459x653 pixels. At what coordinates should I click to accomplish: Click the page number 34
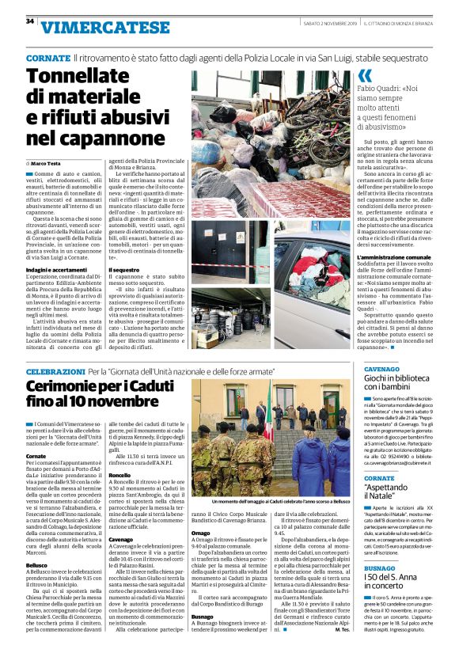coord(29,21)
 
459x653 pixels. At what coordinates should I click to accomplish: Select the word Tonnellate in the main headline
coord(87,77)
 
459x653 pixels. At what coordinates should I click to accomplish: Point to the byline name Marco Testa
coord(49,163)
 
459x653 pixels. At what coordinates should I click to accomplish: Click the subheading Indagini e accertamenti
coord(56,270)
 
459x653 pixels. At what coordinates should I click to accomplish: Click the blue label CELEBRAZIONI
coord(55,371)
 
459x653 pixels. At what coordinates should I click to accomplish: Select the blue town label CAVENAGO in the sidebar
coord(361,369)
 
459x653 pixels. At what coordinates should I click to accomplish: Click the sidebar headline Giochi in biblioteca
coord(388,379)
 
